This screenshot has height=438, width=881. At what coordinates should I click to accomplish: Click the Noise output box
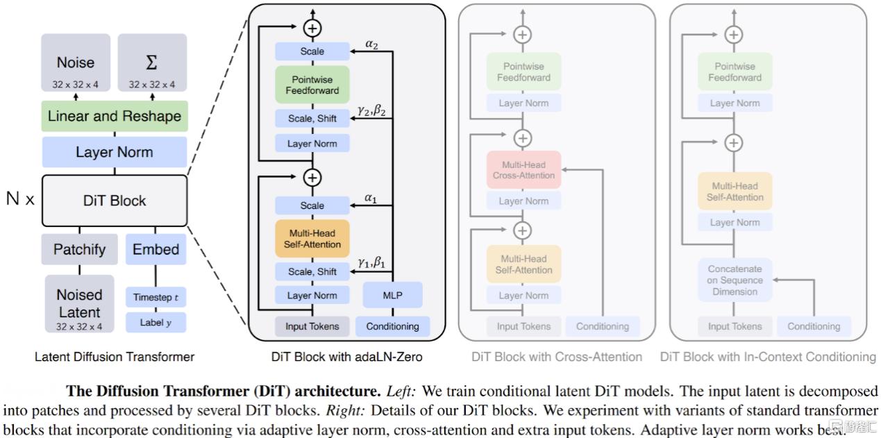pos(76,63)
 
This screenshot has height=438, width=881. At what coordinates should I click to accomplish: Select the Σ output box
pos(152,63)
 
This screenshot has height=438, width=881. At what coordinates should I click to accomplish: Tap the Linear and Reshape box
pos(115,116)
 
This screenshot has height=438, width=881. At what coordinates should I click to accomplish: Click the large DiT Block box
pos(115,201)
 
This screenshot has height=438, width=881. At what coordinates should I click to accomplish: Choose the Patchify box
pos(79,249)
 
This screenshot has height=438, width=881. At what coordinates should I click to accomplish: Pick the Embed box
pos(156,249)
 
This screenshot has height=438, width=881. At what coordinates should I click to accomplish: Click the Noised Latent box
pos(79,304)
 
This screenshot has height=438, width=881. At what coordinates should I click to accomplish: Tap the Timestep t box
pos(156,297)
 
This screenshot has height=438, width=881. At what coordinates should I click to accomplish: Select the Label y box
pos(156,322)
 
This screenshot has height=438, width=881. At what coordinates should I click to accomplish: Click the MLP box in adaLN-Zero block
pos(392,295)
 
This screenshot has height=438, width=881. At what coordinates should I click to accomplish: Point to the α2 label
pos(371,44)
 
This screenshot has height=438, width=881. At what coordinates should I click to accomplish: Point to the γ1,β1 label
pos(371,262)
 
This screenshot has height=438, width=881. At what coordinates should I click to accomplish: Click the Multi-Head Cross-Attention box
pos(523,170)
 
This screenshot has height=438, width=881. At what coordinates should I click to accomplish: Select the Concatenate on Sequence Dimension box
pos(735,280)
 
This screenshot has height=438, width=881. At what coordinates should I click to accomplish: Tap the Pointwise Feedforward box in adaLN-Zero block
pos(312,85)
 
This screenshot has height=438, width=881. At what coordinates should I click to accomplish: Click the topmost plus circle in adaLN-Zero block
pos(312,28)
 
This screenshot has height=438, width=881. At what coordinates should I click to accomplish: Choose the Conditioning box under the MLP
pos(392,326)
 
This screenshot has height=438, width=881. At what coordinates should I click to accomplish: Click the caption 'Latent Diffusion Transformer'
pos(115,357)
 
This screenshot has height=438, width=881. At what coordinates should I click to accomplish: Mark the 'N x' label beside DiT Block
pos(20,199)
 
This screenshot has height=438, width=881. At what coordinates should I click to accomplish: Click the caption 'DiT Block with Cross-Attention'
pos(557,357)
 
